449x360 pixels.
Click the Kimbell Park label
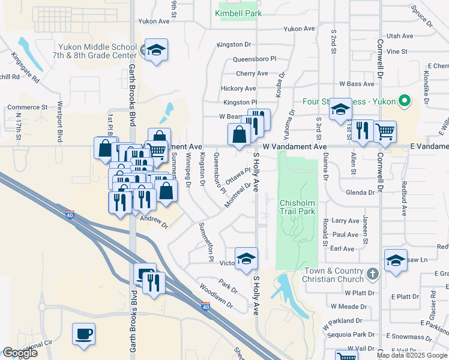pos(239,13)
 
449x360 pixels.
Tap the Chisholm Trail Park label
pos(297,207)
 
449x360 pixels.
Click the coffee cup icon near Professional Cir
pos(84,333)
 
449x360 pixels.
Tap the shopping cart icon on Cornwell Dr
pos(385,131)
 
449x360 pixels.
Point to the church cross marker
pos(373,274)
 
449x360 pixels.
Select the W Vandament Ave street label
pos(294,146)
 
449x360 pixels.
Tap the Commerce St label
pos(27,107)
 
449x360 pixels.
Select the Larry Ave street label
pos(345,221)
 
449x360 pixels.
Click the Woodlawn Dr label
pos(217,296)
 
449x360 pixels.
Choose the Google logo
pos(20,353)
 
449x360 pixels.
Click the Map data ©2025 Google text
pos(412,355)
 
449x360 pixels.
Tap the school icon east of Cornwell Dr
pos(396,260)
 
